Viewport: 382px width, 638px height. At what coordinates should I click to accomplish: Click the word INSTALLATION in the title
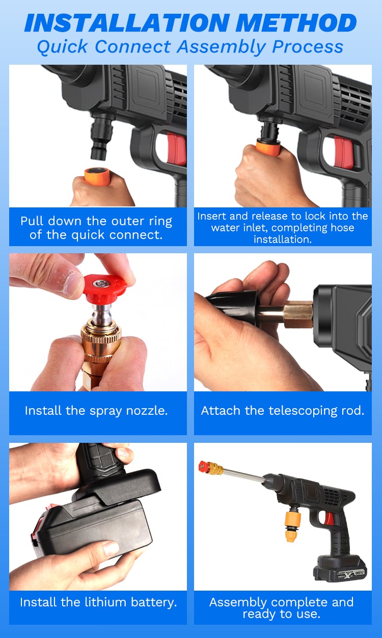[x=127, y=23]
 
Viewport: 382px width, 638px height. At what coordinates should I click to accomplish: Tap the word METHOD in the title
[x=296, y=23]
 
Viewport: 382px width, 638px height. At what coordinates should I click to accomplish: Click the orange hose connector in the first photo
[x=97, y=176]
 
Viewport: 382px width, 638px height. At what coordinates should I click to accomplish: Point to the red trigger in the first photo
[x=176, y=149]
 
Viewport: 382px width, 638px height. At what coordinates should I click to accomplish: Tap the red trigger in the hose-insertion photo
[x=343, y=151]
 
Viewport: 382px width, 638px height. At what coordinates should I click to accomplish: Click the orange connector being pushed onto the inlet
[x=268, y=148]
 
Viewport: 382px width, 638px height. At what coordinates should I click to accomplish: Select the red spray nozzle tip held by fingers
[x=104, y=288]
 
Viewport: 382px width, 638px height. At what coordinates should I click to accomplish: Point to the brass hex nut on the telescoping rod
[x=297, y=314]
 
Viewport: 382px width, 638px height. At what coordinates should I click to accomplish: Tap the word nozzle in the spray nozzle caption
[x=147, y=410]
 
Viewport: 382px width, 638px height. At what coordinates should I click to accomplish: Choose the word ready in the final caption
[x=258, y=615]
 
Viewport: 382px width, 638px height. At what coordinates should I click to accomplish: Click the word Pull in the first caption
[x=32, y=221]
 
